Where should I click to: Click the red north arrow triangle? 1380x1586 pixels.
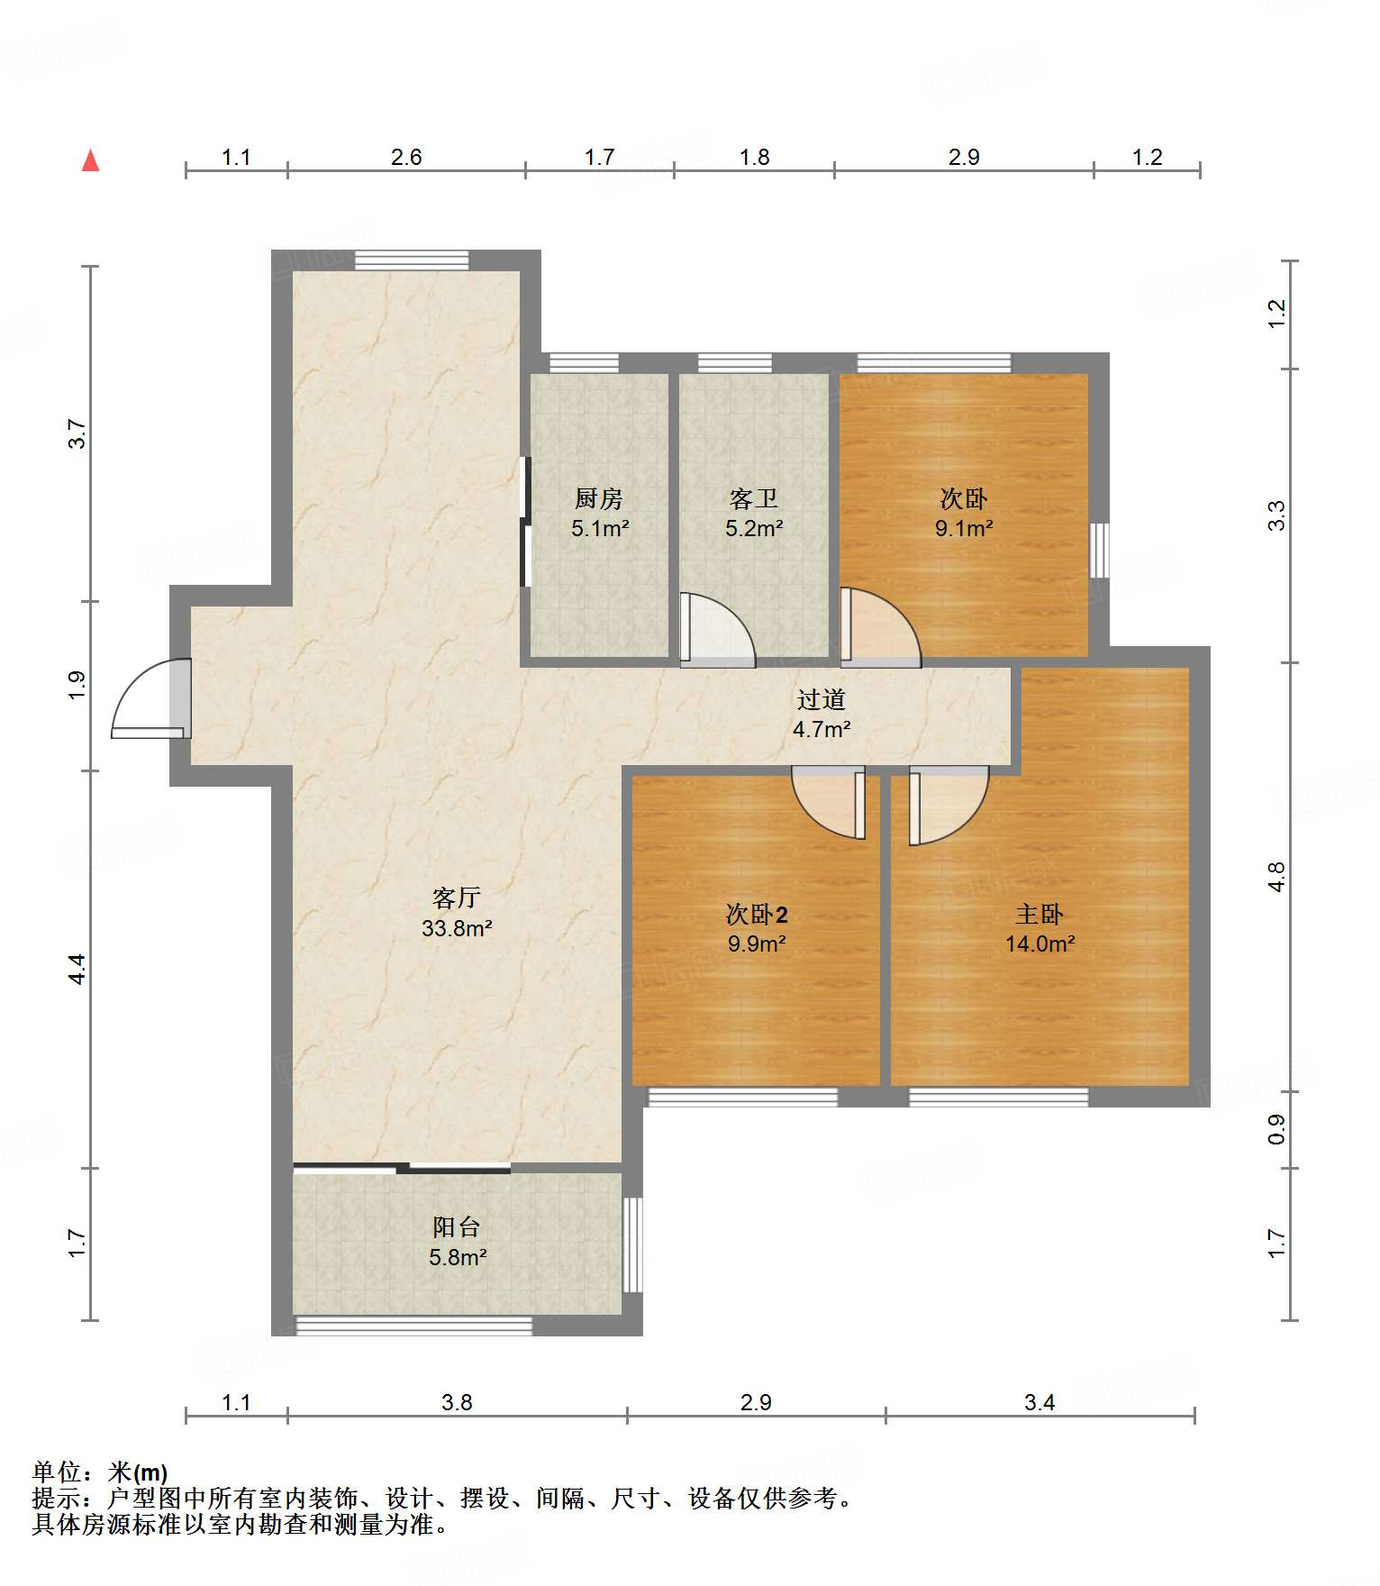[x=90, y=160]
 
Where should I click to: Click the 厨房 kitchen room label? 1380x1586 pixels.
[x=599, y=498]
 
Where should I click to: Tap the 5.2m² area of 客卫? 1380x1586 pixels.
[x=754, y=528]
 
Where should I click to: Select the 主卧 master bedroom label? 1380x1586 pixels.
[x=1040, y=915]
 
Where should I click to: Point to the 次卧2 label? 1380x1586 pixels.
[x=757, y=915]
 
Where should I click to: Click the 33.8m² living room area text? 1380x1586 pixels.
[x=457, y=928]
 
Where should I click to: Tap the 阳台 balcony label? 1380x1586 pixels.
[x=457, y=1227]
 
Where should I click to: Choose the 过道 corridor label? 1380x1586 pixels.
[x=822, y=699]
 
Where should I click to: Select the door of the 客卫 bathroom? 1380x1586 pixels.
[x=717, y=629]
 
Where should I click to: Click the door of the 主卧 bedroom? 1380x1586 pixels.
[x=949, y=806]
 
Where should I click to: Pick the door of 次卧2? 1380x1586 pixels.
[x=829, y=802]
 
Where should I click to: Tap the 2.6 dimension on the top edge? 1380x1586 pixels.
[x=406, y=158]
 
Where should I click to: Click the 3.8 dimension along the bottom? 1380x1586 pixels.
[x=457, y=1402]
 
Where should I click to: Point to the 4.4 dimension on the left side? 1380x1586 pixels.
[x=77, y=969]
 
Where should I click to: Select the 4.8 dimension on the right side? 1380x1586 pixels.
[x=1276, y=877]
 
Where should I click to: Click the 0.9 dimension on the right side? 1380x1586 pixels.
[x=1276, y=1130]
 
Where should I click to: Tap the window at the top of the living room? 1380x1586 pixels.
[x=412, y=260]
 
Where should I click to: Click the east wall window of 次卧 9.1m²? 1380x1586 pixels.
[x=1099, y=550]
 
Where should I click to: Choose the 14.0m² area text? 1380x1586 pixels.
[x=1040, y=944]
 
